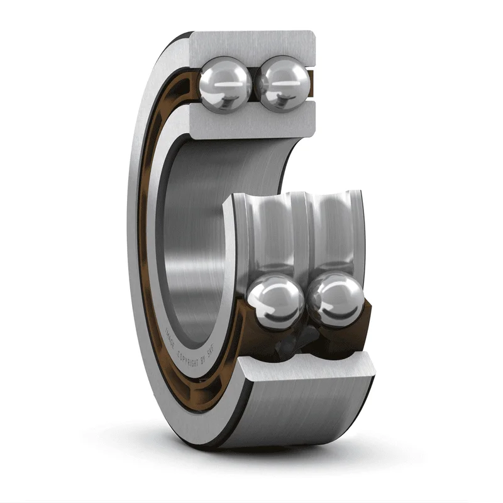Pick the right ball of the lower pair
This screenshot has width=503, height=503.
pos(336,300)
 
